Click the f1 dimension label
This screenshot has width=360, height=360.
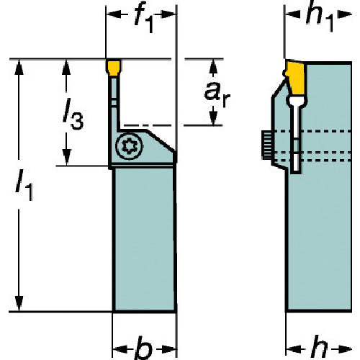click(x=143, y=18)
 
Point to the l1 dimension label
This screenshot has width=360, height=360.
click(x=24, y=184)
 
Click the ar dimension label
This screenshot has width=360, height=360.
click(x=217, y=94)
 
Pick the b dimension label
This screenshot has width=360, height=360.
click(x=143, y=348)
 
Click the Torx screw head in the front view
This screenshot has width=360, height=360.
click(x=129, y=146)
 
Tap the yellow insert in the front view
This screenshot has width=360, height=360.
click(x=114, y=68)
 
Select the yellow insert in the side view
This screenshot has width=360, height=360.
click(x=296, y=78)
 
